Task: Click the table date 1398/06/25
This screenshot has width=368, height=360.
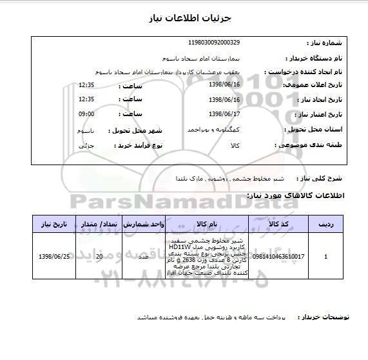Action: (x=55, y=256)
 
